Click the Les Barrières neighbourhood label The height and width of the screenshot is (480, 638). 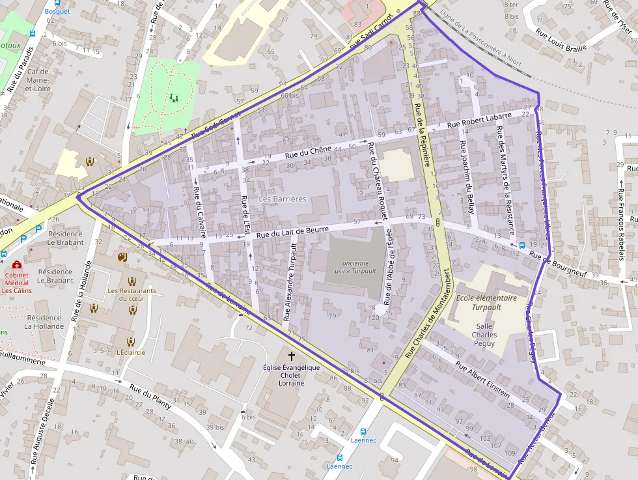pos(282,199)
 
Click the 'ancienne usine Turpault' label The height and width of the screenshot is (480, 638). pos(351,267)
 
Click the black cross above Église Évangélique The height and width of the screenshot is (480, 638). pos(291,356)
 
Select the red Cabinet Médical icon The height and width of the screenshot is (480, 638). pos(17,265)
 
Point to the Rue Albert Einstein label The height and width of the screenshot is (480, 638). pos(483,380)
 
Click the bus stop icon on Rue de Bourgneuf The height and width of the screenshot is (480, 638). pos(521,246)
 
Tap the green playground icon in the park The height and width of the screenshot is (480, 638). pos(173,98)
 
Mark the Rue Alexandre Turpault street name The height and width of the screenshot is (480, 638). pos(290,283)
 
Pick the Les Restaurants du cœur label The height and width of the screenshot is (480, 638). pos(132,294)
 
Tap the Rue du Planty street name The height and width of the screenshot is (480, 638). pos(150,397)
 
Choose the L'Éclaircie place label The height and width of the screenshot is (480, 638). pos(131,352)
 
